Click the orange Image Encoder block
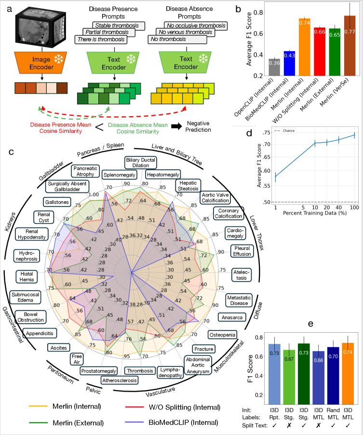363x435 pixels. click(x=41, y=63)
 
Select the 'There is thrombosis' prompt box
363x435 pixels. click(x=101, y=40)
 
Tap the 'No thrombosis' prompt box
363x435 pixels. click(x=177, y=40)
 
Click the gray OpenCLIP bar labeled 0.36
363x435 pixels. click(x=274, y=67)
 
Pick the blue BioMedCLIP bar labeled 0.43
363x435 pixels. click(x=289, y=64)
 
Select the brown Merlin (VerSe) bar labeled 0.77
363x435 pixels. click(x=350, y=46)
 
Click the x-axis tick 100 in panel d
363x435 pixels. click(x=354, y=207)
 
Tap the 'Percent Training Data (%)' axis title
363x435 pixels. click(x=315, y=213)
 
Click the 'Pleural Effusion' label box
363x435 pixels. click(x=242, y=251)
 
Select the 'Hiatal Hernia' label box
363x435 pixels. click(x=27, y=277)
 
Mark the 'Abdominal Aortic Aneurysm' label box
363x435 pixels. click(x=198, y=365)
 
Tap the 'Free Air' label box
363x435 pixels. click(x=77, y=359)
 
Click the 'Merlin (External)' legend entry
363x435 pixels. click(x=67, y=423)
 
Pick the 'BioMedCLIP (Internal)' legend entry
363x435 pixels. click(x=172, y=422)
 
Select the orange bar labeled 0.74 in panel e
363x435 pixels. click(x=348, y=373)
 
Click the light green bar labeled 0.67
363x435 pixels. click(x=289, y=377)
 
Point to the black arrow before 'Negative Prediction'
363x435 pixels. click(x=176, y=126)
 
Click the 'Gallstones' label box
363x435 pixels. click(x=57, y=202)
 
